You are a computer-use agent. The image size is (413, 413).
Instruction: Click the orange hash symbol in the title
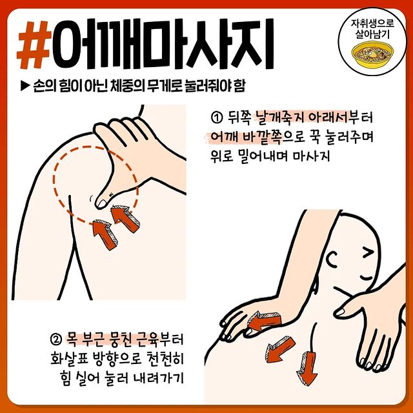point(34,45)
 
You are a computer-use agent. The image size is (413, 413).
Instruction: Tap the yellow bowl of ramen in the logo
point(372,54)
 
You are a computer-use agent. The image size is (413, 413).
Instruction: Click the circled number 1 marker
point(216,117)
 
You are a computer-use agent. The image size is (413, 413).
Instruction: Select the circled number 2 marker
point(55,339)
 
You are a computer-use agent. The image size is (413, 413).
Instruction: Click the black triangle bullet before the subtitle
point(25,86)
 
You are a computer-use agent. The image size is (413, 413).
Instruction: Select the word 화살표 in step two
point(68,359)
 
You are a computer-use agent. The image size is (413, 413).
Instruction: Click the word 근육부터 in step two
point(160,339)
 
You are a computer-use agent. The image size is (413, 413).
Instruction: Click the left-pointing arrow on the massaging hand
point(264,321)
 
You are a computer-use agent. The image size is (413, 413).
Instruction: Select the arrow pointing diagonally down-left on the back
point(280,349)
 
